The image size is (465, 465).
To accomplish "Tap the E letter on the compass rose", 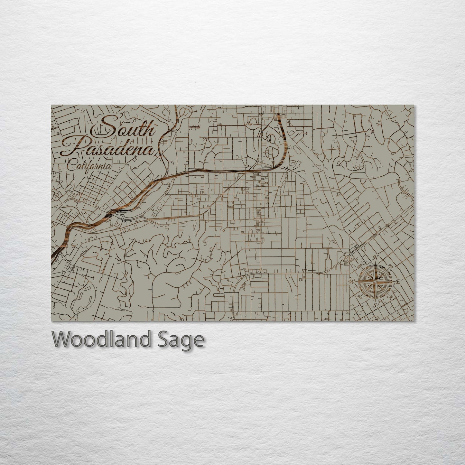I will [x=398, y=282].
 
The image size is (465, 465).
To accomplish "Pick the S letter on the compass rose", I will [x=375, y=305].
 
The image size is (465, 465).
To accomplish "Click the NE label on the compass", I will [x=391, y=266].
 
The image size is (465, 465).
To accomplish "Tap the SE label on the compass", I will [x=391, y=297].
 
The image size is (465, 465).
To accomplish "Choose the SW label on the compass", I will [x=359, y=298].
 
